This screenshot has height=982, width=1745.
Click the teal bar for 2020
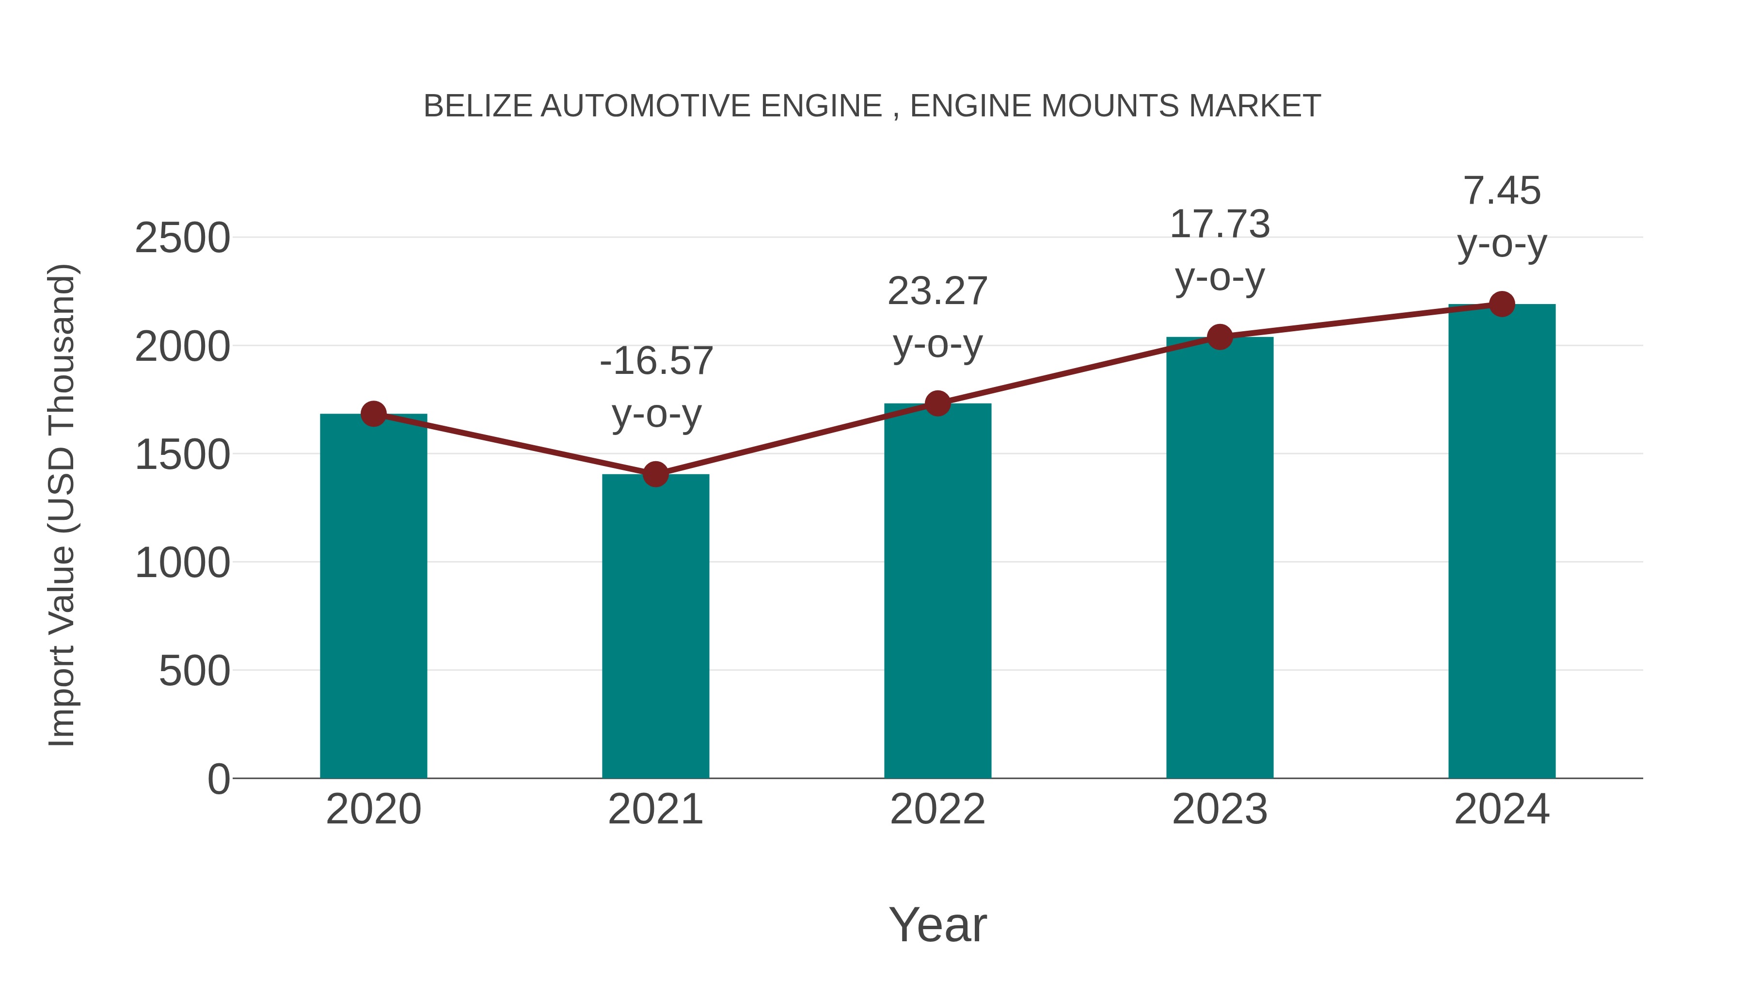373,596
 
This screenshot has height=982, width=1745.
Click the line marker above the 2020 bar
373,413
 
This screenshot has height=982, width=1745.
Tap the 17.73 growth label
1220,225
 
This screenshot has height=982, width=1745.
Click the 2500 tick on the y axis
182,239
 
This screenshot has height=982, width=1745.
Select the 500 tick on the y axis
194,671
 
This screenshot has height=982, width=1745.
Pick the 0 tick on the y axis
219,779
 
